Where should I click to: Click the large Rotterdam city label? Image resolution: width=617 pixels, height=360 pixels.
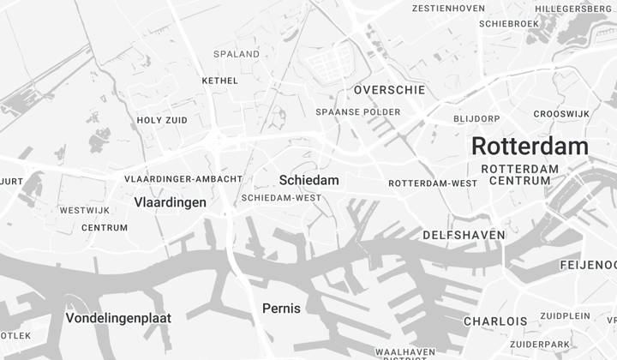[x=530, y=146]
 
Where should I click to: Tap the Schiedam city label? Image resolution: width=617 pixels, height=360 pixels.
[x=308, y=180]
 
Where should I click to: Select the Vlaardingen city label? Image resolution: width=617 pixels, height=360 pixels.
[x=171, y=202]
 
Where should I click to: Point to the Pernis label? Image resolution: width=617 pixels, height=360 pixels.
[x=281, y=308]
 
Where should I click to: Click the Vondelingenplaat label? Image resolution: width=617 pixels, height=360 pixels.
[x=118, y=318]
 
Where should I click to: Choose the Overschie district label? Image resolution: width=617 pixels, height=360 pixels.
[x=388, y=90]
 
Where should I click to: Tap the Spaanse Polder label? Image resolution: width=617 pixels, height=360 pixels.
[x=357, y=112]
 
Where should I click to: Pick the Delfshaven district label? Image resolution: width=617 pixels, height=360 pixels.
[x=464, y=234]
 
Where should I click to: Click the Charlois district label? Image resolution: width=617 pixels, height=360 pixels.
[x=495, y=321]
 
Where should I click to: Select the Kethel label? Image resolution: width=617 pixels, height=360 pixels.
[x=219, y=81]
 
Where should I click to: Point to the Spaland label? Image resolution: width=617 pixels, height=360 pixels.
[x=237, y=54]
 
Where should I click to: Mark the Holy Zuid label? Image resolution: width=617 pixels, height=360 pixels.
[x=162, y=121]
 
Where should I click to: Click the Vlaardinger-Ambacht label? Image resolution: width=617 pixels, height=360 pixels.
[x=183, y=179]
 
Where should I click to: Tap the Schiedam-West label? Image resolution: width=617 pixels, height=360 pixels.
[x=281, y=197]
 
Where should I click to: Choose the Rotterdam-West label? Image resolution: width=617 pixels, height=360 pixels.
[x=433, y=183]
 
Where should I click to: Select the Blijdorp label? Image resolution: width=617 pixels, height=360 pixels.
[x=476, y=118]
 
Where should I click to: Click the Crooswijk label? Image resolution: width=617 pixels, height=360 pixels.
[x=561, y=114]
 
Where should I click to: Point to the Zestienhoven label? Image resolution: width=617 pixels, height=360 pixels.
[x=448, y=9]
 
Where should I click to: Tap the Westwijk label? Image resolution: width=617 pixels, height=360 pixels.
[x=85, y=210]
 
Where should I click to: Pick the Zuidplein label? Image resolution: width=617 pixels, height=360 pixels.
[x=565, y=315]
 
